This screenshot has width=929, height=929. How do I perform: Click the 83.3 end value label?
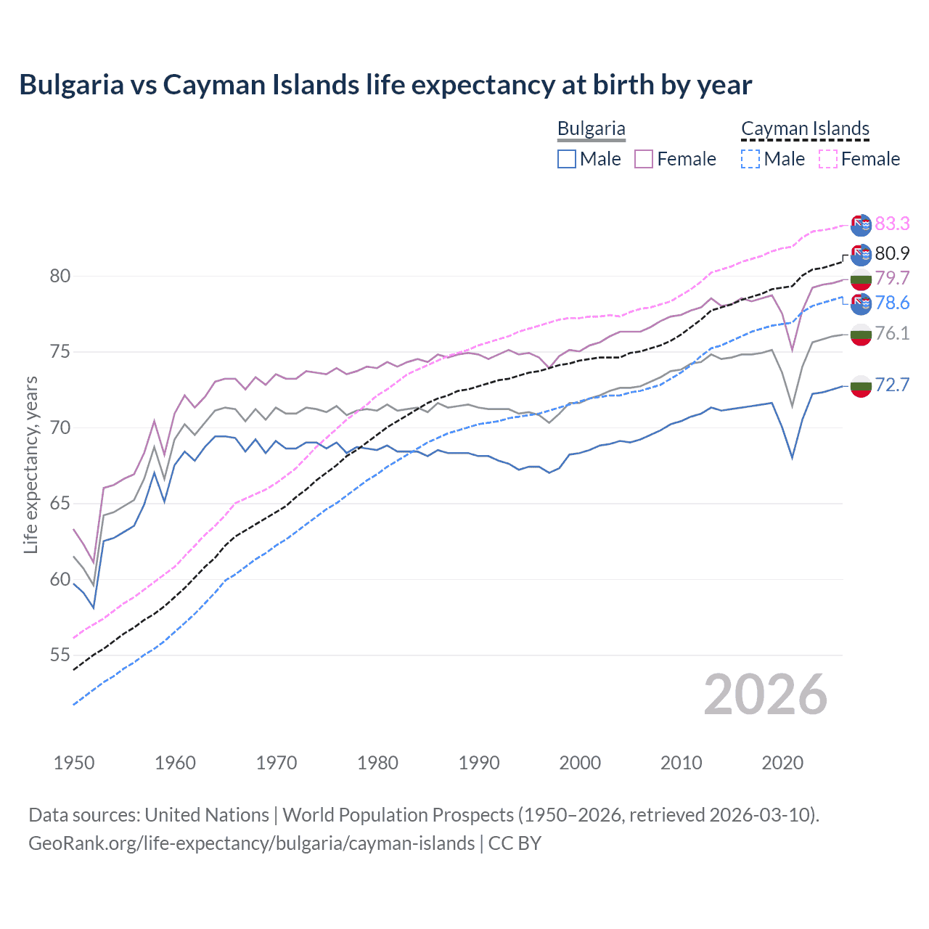(892, 224)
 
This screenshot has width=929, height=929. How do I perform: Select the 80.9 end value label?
(892, 253)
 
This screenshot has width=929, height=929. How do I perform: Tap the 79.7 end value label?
(892, 278)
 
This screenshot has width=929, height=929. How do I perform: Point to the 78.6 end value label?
(892, 303)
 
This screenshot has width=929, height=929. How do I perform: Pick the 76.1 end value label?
(892, 333)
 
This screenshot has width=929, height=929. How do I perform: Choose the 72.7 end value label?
(892, 385)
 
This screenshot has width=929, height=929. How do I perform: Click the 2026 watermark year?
(766, 695)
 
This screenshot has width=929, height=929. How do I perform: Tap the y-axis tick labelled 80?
(60, 276)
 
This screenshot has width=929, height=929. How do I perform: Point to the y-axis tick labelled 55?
(60, 655)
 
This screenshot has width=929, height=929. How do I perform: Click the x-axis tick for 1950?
(74, 763)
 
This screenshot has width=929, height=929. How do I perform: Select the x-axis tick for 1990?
(479, 763)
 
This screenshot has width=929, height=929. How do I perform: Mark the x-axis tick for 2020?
(782, 763)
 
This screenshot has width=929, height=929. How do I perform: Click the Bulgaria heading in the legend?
(591, 128)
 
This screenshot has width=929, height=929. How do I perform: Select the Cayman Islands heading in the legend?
(805, 128)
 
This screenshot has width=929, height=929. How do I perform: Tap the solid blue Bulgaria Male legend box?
(567, 159)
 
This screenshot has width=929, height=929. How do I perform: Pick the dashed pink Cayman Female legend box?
(828, 159)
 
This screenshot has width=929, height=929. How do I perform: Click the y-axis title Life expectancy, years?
(30, 464)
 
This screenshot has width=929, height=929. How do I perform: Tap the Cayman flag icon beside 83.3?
(861, 226)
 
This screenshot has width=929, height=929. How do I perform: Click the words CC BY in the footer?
(515, 843)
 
